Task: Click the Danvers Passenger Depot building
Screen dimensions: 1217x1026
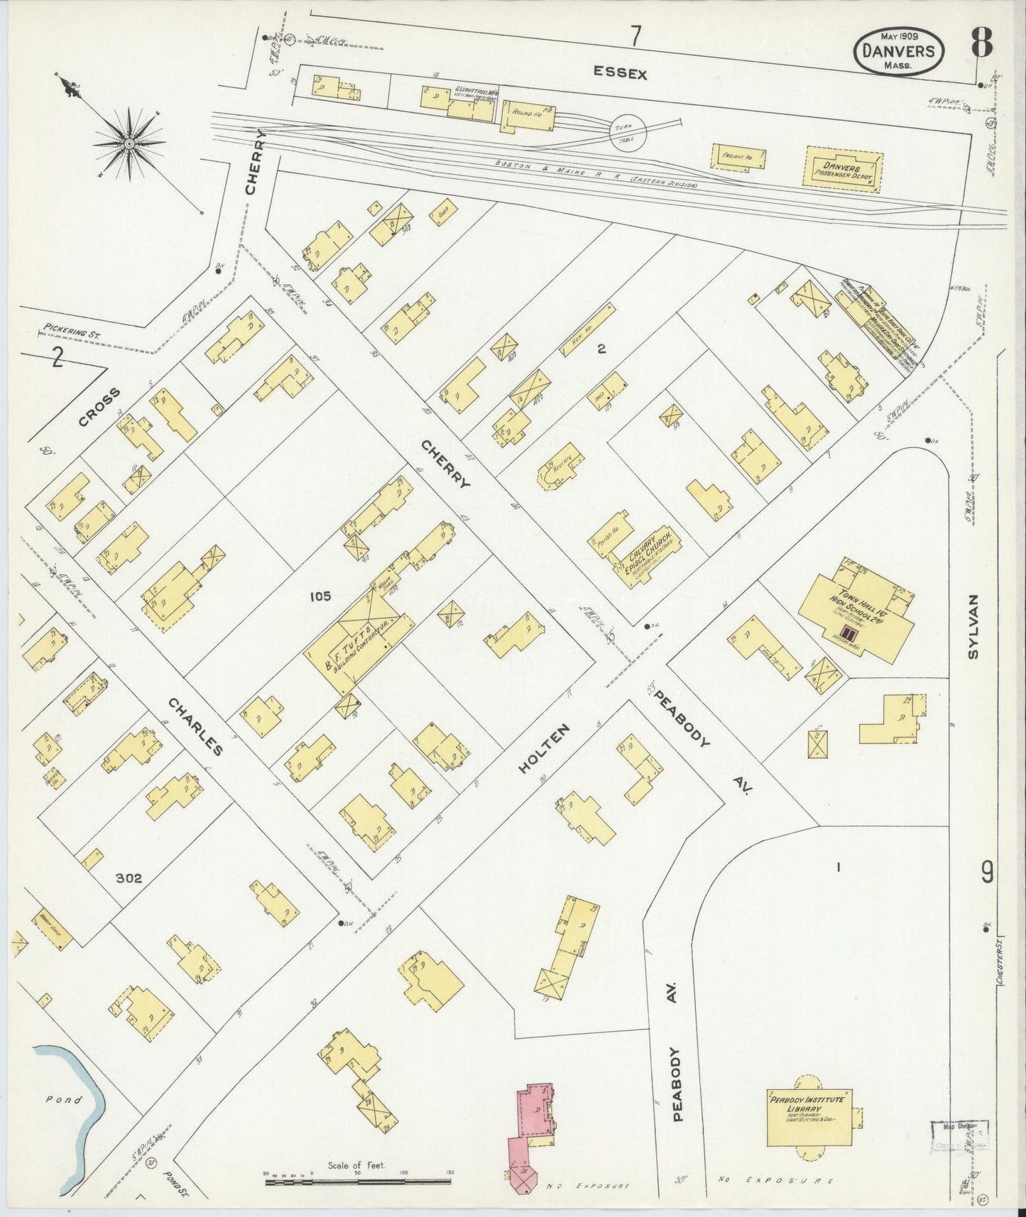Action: [x=843, y=168]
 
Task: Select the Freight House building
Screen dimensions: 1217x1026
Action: [x=739, y=156]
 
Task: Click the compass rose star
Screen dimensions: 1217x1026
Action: [x=129, y=144]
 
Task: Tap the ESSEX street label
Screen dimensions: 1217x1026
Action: [x=620, y=73]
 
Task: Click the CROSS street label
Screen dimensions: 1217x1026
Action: [x=99, y=408]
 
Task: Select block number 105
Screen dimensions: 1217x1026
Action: [x=320, y=596]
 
